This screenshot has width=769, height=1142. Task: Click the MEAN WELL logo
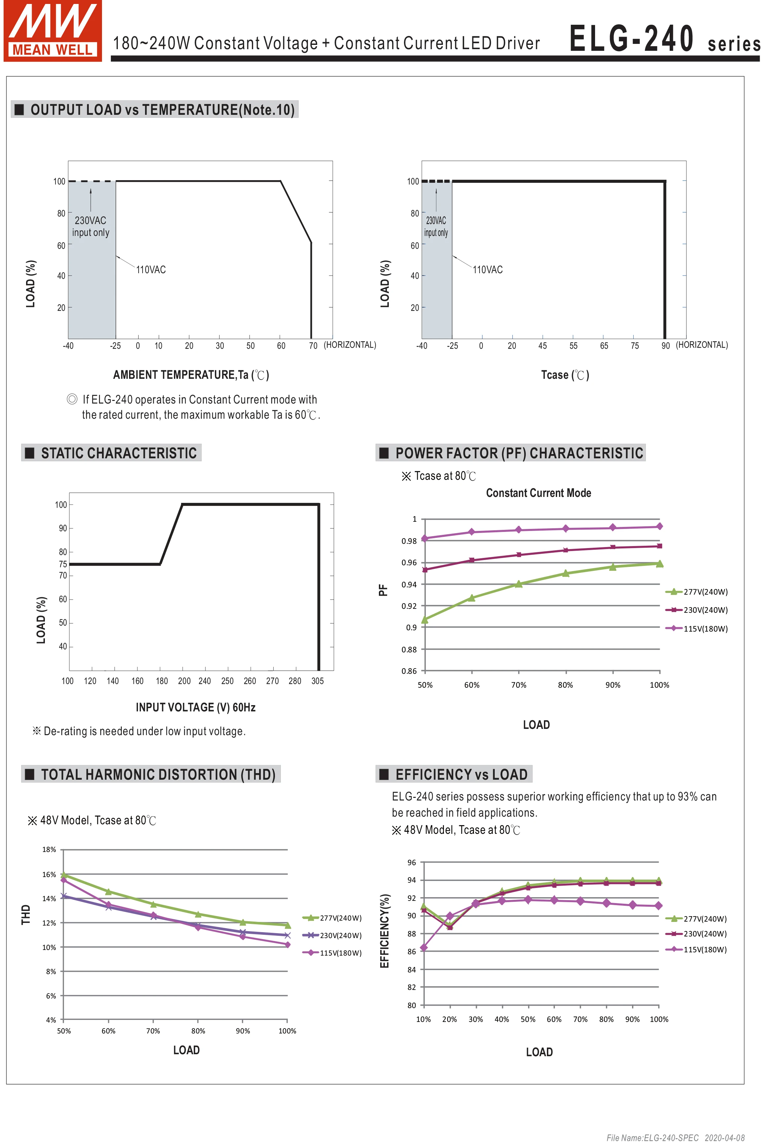[x=52, y=30]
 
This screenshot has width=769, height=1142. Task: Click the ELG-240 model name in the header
[x=631, y=39]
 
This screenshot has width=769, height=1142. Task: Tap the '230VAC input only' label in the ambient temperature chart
[x=91, y=226]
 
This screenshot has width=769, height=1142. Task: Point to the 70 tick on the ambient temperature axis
[x=313, y=346]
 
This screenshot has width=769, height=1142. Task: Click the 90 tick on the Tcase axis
[x=665, y=346]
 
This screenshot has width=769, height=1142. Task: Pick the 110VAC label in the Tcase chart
[x=487, y=270]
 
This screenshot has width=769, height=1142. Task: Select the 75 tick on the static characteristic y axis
[x=63, y=564]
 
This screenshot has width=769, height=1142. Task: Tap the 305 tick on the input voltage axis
[x=317, y=681]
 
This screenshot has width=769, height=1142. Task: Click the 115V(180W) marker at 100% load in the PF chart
[x=659, y=526]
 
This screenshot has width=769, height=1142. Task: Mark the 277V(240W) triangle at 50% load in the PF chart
[x=425, y=620]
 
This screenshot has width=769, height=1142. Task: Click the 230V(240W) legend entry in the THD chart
[x=333, y=935]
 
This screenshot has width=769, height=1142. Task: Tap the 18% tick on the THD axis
[x=49, y=849]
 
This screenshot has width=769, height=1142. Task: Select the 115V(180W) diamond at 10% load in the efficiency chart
[x=424, y=947]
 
